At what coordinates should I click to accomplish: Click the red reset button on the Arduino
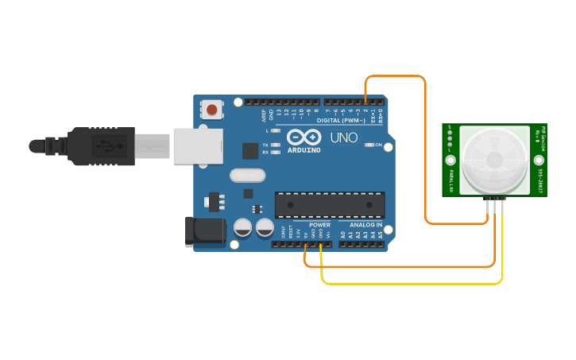pyautogui.click(x=212, y=108)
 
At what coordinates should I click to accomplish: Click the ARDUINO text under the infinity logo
pyautogui.click(x=304, y=149)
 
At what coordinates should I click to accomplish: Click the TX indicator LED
pyautogui.click(x=276, y=145)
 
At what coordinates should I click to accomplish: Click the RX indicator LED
pyautogui.click(x=276, y=152)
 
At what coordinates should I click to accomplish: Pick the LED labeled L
pyautogui.click(x=276, y=130)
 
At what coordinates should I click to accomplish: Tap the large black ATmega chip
pyautogui.click(x=330, y=204)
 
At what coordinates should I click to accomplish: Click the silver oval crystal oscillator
pyautogui.click(x=245, y=175)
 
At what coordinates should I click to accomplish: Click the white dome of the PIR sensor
pyautogui.click(x=493, y=159)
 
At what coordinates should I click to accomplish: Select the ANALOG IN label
pyautogui.click(x=361, y=225)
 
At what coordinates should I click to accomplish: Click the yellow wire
pyautogui.click(x=413, y=282)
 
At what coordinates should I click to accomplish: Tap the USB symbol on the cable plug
pyautogui.click(x=106, y=146)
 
